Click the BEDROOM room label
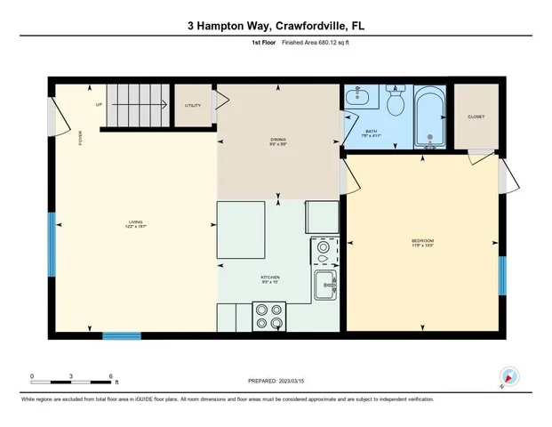point(421,241)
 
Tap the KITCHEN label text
point(270,278)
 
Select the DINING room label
point(278,140)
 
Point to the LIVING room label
point(135,222)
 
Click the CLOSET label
point(476,117)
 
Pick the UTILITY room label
point(192,106)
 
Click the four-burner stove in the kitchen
point(269,315)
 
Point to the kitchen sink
point(324,286)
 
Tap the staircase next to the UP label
point(138,105)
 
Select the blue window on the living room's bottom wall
point(121,335)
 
